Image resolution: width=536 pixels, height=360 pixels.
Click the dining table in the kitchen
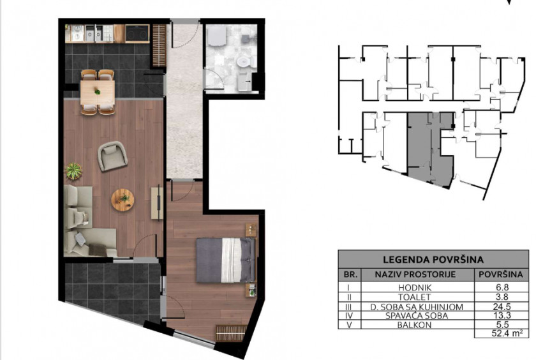pos(98,92)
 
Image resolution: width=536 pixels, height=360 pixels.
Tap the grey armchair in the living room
pos(112,156)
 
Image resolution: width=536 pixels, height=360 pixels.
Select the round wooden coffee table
pos(123,200)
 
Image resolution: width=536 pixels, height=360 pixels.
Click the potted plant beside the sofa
pos(73,171)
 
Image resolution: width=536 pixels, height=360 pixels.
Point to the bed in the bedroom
pos(226,260)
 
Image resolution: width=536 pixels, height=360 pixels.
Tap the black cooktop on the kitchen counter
pos(137,33)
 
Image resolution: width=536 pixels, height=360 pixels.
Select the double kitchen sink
pos(94,33)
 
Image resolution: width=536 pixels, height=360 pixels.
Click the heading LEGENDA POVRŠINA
pos(433,260)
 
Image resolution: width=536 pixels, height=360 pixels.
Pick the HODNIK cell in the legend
pos(417,288)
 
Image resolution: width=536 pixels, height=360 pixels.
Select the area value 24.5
pos(501,306)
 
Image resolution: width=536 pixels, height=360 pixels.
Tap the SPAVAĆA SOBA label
pos(416,315)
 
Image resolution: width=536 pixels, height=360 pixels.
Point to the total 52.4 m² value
pos(507,333)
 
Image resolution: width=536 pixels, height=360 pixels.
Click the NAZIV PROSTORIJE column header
pos(415,274)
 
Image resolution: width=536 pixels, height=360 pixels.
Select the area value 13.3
pos(501,315)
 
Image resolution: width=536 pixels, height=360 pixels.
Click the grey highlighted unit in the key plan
pos(431,147)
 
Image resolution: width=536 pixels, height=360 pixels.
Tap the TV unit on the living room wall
pos(157,203)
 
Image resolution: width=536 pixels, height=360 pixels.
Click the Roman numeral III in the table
pos(350,306)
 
